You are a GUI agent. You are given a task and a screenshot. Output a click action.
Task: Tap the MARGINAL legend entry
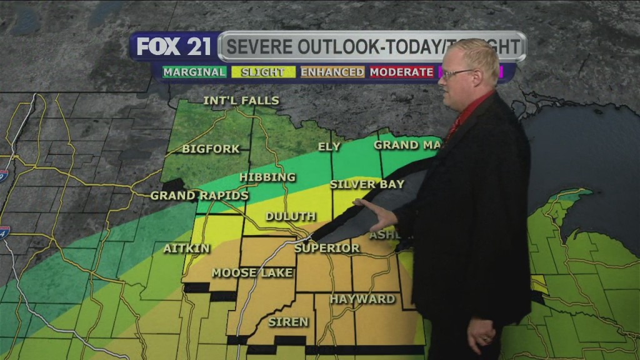[194, 72]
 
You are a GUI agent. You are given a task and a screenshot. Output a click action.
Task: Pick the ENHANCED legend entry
[332, 72]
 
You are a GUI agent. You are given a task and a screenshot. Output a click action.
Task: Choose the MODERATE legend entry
[401, 72]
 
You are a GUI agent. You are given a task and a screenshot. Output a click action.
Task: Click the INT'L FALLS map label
[241, 101]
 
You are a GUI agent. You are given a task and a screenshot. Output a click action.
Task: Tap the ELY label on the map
[329, 147]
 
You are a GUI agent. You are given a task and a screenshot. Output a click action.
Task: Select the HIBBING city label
[267, 177]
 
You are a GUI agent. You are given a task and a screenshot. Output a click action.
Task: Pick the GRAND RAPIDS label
[199, 196]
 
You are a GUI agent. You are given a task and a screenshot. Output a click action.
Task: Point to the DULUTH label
[291, 217]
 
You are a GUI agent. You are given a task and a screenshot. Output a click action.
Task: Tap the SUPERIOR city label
[327, 248]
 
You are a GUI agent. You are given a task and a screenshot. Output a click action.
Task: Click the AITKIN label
[187, 249]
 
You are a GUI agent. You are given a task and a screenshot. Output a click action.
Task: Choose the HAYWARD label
[362, 299]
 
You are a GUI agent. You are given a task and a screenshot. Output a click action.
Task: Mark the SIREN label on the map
[288, 322]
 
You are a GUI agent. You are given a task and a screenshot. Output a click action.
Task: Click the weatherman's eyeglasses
[457, 74]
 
